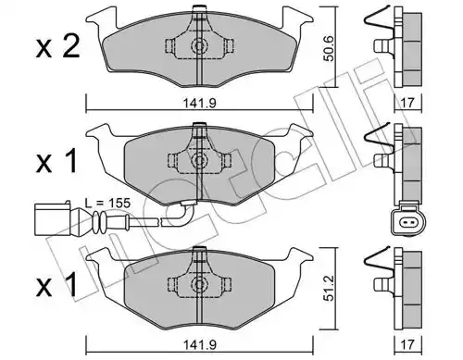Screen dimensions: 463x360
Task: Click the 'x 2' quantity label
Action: pyautogui.click(x=58, y=47)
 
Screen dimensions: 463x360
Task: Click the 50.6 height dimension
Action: pyautogui.click(x=330, y=48)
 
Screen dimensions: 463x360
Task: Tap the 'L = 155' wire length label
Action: pyautogui.click(x=107, y=203)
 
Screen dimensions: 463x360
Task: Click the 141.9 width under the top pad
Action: pyautogui.click(x=200, y=103)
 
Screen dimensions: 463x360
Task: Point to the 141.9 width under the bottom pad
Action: pyautogui.click(x=200, y=344)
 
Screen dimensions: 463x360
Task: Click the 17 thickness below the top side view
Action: pyautogui.click(x=407, y=103)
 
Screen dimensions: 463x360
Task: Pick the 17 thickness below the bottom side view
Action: pyautogui.click(x=407, y=344)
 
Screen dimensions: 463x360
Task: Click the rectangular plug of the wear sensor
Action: pyautogui.click(x=53, y=219)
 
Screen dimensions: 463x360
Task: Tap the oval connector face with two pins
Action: pyautogui.click(x=408, y=222)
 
